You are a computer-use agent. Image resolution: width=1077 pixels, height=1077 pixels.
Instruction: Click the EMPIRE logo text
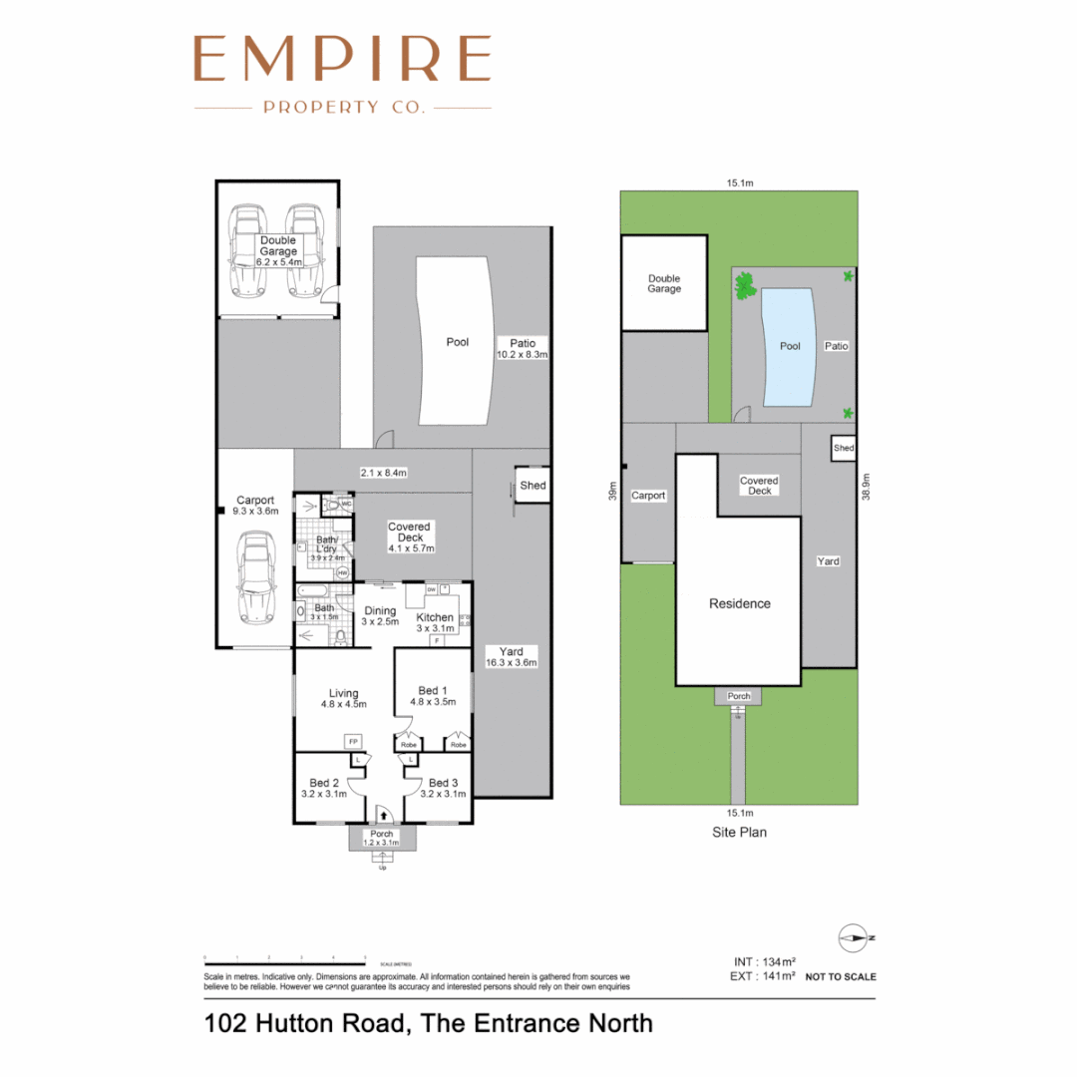tap(342, 59)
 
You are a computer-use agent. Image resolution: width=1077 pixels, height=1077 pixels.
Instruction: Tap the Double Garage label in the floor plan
tap(278, 246)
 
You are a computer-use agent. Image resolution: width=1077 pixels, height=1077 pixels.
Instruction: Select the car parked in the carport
tap(256, 578)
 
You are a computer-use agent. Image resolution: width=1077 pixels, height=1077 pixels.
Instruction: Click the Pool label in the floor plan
tap(457, 342)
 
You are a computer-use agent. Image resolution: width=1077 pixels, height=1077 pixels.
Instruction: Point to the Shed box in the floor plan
tap(533, 486)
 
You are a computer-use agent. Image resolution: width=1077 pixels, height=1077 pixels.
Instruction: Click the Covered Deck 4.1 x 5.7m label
tap(411, 538)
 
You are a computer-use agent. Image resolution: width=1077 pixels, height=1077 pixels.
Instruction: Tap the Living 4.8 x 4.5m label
tap(344, 698)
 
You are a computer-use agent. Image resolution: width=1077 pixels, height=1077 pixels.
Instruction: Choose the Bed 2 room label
tap(324, 788)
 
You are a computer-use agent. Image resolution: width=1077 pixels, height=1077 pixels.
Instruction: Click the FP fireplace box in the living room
tap(352, 742)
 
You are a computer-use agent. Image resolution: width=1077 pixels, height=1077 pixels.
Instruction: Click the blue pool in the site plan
tap(790, 347)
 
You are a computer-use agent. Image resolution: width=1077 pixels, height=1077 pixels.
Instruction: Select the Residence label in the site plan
tap(739, 603)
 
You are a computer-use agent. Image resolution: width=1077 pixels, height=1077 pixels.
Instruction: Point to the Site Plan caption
tap(738, 831)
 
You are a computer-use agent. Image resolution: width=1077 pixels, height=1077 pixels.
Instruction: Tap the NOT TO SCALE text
tap(841, 976)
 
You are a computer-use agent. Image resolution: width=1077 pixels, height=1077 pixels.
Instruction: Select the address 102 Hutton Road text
tap(429, 1023)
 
